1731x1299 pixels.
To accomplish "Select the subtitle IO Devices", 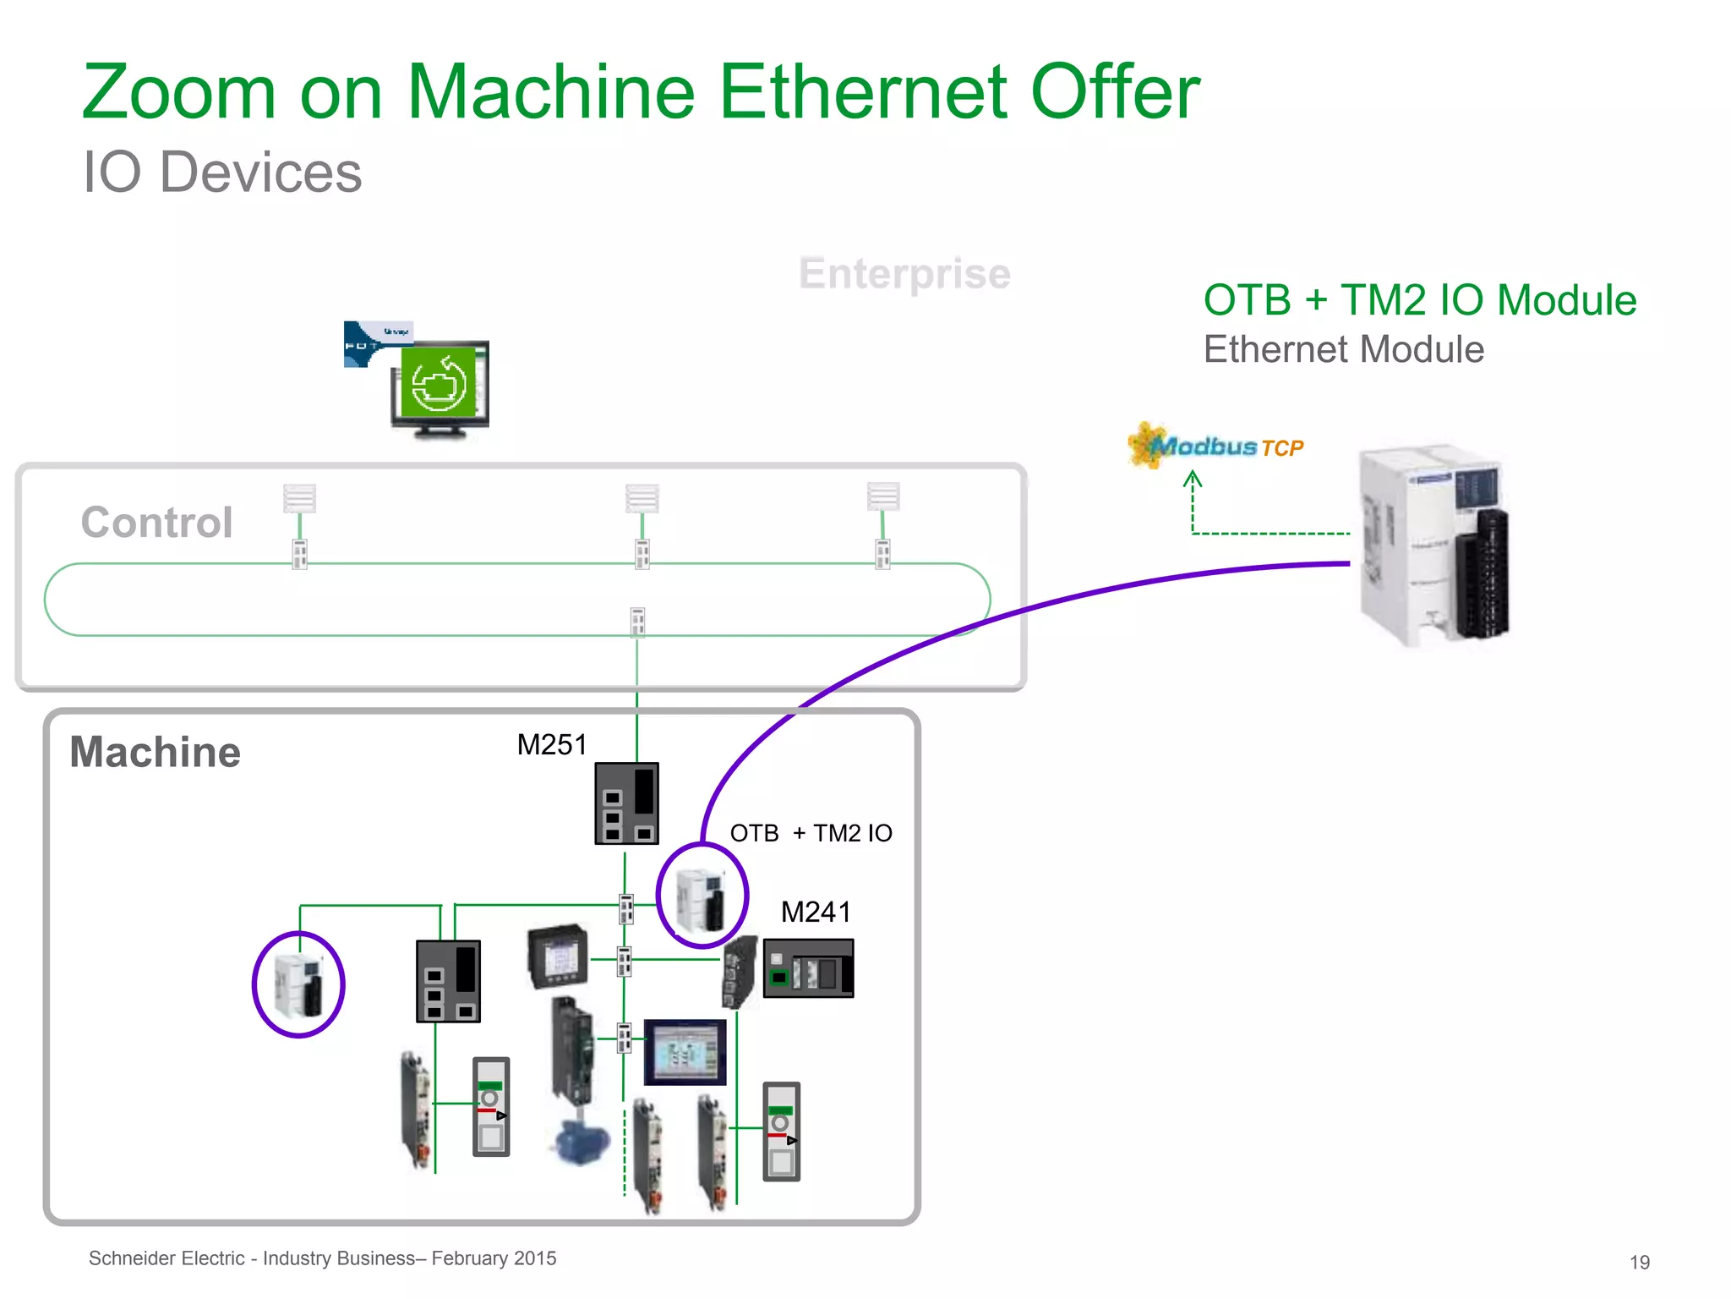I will (x=222, y=173).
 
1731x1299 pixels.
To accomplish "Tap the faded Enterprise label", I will (x=904, y=273).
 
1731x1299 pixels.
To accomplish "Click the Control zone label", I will (x=156, y=522).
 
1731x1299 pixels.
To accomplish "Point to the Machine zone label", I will (x=155, y=752).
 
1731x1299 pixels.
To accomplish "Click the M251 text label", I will (x=551, y=744).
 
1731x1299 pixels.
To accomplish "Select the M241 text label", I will (x=816, y=912).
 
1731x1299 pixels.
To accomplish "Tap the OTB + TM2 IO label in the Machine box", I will (x=811, y=833).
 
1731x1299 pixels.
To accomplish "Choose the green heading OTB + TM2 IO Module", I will (x=1419, y=300).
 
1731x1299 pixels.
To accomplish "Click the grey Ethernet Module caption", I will (x=1343, y=349).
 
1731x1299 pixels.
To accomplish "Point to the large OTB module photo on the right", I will (x=1433, y=545).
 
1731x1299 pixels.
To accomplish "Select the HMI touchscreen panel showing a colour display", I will (x=685, y=1052).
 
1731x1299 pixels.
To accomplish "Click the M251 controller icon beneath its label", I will (x=626, y=803).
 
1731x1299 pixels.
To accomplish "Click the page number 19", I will (x=1639, y=1263).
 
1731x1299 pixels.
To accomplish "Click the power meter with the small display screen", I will (x=558, y=956).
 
